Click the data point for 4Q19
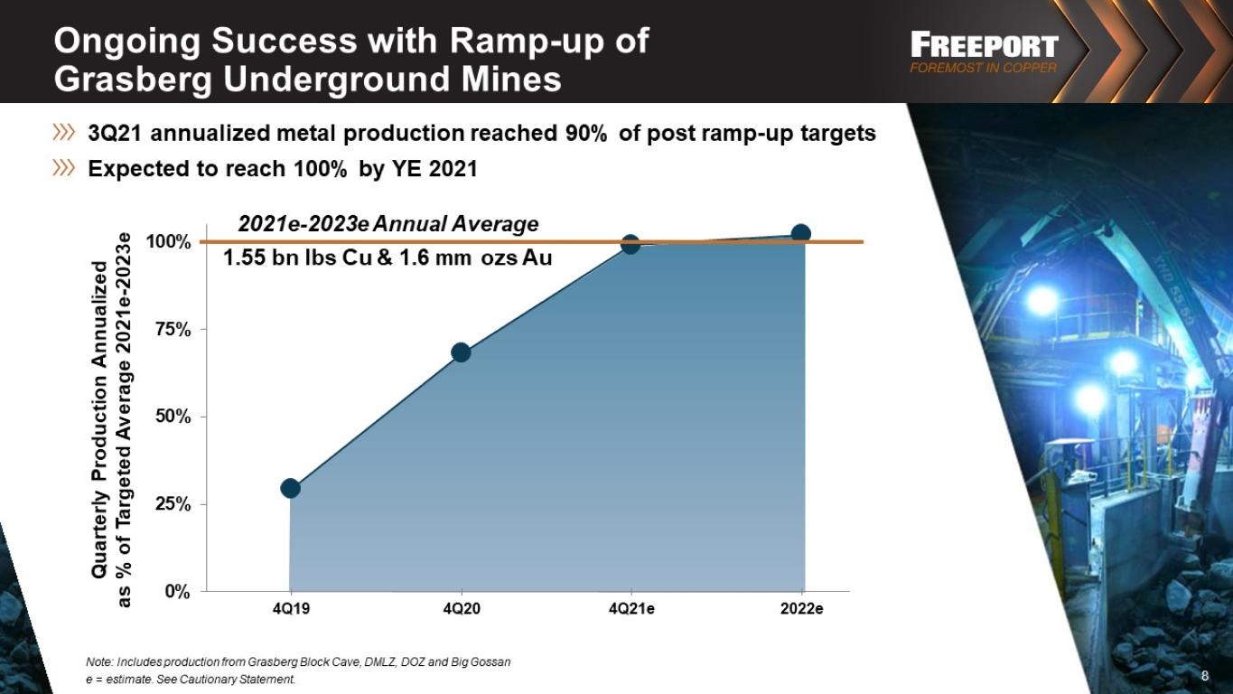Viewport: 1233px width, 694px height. point(291,488)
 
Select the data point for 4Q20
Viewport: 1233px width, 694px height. point(461,352)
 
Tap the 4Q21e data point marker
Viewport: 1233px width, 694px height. point(631,244)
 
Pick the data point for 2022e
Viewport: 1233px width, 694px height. point(801,233)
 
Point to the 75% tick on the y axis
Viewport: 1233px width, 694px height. point(173,330)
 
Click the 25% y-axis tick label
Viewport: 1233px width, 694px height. point(173,504)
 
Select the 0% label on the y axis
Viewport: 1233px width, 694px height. point(177,592)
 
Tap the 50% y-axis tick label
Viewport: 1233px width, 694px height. point(173,417)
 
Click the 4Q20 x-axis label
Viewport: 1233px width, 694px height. point(462,609)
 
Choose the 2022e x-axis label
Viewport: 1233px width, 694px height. point(801,609)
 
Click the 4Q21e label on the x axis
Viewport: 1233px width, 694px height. point(631,609)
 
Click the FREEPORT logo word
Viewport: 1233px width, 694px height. point(985,45)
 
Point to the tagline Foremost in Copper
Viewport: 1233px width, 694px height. point(984,68)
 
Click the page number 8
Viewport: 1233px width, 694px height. point(1205,676)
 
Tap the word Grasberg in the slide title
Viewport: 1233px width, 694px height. point(133,80)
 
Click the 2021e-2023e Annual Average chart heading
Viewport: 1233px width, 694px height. point(388,224)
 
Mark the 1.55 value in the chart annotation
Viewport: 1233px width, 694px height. point(245,258)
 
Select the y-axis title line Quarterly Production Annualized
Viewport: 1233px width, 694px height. point(99,419)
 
